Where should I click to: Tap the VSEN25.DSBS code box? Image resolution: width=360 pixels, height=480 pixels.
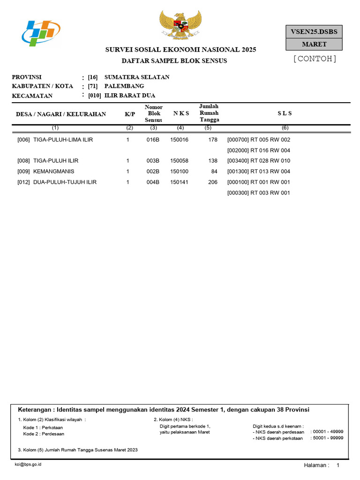click(314, 31)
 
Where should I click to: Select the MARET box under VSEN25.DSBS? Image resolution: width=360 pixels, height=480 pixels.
click(314, 44)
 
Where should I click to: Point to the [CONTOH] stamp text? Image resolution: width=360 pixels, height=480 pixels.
click(315, 59)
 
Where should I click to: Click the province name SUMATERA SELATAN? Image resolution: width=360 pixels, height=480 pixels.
click(137, 77)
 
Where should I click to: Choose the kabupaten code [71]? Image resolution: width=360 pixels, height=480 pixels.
click(92, 86)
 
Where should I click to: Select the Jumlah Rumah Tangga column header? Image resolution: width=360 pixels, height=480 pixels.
click(209, 113)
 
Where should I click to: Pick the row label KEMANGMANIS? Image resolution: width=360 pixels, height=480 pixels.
click(53, 172)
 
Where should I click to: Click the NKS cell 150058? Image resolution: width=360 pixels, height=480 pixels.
click(179, 161)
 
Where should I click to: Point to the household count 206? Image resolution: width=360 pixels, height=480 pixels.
click(213, 182)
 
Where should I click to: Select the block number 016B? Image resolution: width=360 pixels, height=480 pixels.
click(153, 140)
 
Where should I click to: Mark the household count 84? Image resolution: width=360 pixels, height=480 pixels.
click(214, 172)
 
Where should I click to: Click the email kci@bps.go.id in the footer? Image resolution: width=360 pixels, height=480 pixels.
click(28, 464)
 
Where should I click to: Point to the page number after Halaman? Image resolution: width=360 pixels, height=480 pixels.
click(337, 465)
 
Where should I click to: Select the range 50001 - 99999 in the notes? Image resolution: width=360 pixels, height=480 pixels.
click(328, 438)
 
